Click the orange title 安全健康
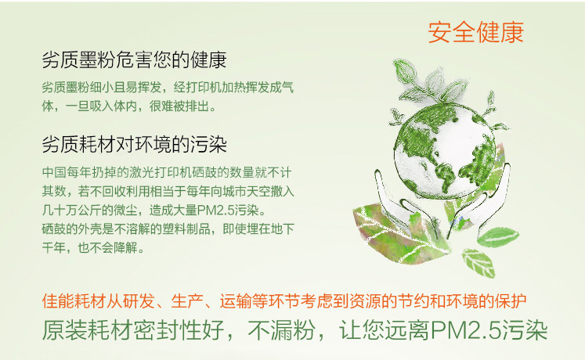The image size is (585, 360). [x=475, y=32]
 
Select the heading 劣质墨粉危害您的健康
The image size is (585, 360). [x=135, y=59]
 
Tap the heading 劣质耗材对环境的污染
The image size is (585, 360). [x=135, y=144]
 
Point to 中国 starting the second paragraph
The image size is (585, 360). [x=54, y=172]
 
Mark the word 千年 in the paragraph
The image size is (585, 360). [x=54, y=247]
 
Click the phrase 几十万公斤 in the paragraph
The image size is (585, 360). [x=71, y=211]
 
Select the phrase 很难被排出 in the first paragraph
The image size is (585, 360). [x=179, y=106]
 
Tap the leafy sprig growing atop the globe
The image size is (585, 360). [x=433, y=84]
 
